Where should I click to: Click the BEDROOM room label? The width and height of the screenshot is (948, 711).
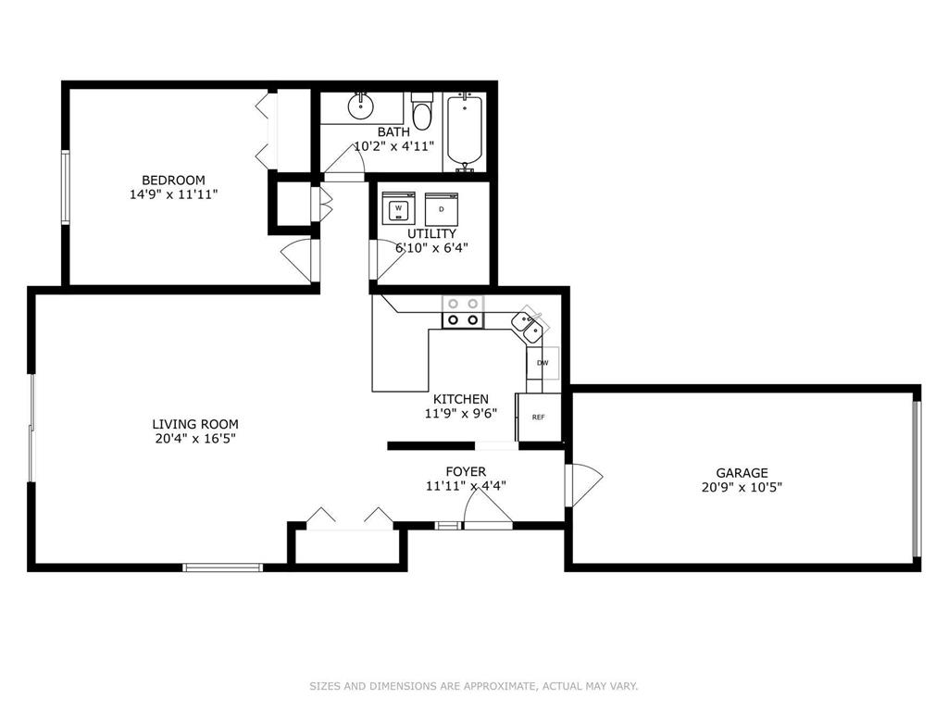[x=173, y=181]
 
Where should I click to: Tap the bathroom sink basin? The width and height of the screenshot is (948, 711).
[x=360, y=107]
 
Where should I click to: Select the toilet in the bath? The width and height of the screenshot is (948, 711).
[x=421, y=111]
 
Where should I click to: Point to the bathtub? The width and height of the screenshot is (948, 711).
[x=465, y=131]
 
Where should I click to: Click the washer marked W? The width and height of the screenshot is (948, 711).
[x=398, y=208]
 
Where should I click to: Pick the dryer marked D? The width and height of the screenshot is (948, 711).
[x=442, y=208]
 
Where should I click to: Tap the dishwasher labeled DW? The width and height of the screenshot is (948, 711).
[x=543, y=363]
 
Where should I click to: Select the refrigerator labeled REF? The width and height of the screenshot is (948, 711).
[x=538, y=418]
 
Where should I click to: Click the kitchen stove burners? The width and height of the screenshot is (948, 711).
[x=463, y=312]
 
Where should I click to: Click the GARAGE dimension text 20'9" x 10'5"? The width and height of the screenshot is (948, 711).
[x=742, y=487]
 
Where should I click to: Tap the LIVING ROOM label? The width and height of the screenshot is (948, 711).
[x=195, y=424]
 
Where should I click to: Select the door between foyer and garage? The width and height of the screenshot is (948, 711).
[x=584, y=485]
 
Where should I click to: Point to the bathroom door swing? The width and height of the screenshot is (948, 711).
[x=344, y=162]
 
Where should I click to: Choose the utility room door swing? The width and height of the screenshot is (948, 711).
[x=388, y=260]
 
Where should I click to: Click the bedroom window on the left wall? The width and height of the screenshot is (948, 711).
[x=66, y=187]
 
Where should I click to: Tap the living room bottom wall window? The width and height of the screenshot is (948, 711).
[x=222, y=568]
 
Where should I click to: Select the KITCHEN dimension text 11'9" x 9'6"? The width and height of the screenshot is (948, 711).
[x=461, y=414]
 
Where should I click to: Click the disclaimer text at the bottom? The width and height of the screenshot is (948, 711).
[x=474, y=686]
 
